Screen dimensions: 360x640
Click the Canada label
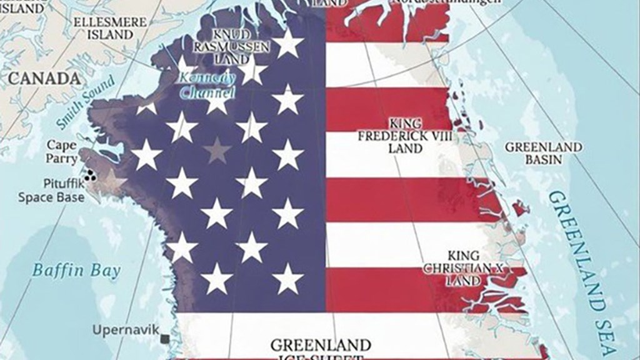pos(44,79)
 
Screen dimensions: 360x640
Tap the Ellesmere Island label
pos(109,27)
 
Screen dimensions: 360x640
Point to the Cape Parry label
pos(62,151)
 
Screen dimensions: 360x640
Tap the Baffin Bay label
pos(76,270)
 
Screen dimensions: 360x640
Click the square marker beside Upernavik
pos(164,339)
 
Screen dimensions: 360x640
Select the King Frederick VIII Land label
pos(405,135)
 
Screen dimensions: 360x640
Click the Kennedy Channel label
pos(207,86)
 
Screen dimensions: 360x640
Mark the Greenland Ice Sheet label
pos(320,349)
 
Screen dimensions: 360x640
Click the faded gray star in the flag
pos(216,150)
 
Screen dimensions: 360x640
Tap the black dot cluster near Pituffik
pos(91,176)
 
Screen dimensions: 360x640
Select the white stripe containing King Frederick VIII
pos(387,154)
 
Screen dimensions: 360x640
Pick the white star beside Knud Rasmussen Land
pos(288,44)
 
